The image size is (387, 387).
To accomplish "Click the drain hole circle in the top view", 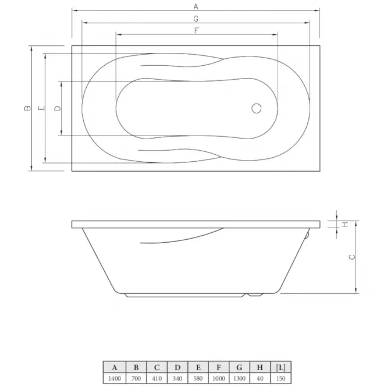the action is tap(257, 108).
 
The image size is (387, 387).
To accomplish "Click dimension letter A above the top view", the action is tap(196, 6).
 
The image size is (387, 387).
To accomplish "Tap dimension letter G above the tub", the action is tap(196, 19).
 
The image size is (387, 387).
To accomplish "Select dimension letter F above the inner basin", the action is tap(197, 31).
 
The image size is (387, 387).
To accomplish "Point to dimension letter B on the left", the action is tap(28, 108).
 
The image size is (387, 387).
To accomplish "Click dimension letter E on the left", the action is tap(42, 108).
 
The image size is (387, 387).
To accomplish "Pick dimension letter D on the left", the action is tap(57, 108).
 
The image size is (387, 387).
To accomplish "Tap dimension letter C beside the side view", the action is tap(352, 257).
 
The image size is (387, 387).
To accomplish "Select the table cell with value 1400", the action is tap(115, 378).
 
